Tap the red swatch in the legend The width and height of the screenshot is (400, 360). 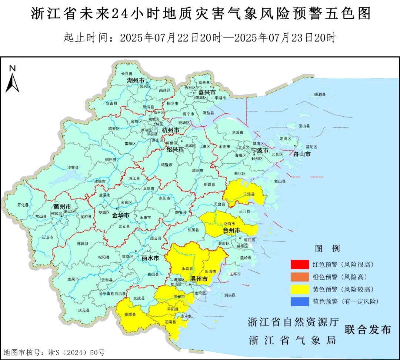pos(300,264)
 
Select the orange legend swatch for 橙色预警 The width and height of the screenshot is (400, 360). pos(300,277)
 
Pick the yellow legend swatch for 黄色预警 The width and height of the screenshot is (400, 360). pos(300,289)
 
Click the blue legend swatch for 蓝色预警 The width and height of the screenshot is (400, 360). pos(300,301)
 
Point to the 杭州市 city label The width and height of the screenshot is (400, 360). pos(171,130)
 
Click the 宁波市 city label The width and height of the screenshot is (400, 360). pos(260,150)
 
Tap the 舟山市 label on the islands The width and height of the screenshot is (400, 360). pos(302,154)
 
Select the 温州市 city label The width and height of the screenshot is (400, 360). pos(199,279)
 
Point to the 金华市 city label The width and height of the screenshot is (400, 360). pos(121,215)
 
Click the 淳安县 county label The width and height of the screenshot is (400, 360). pos(73,167)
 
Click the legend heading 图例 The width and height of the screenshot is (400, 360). pos(327,248)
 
